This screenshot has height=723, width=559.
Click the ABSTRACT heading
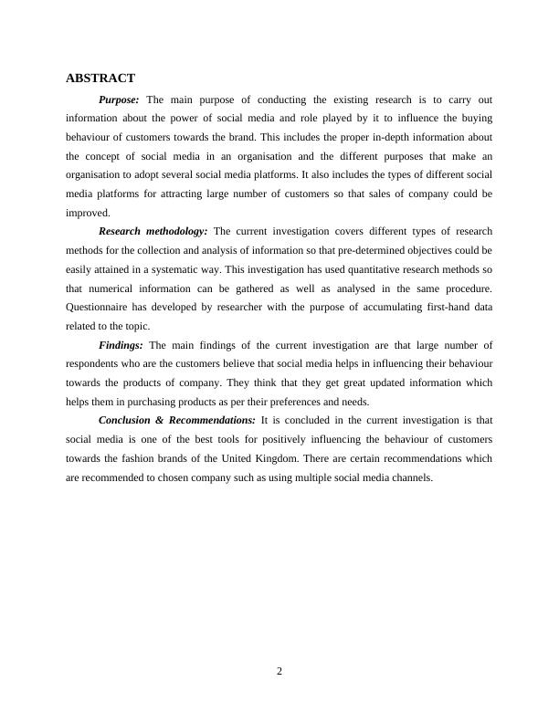tap(100, 79)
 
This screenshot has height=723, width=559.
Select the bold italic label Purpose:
tap(119, 100)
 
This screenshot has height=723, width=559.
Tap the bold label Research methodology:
tap(153, 231)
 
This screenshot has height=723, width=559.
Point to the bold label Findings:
tap(121, 345)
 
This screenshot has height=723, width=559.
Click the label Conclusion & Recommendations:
tap(177, 420)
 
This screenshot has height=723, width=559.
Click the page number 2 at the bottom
tap(279, 671)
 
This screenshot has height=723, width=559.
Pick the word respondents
tap(96, 363)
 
